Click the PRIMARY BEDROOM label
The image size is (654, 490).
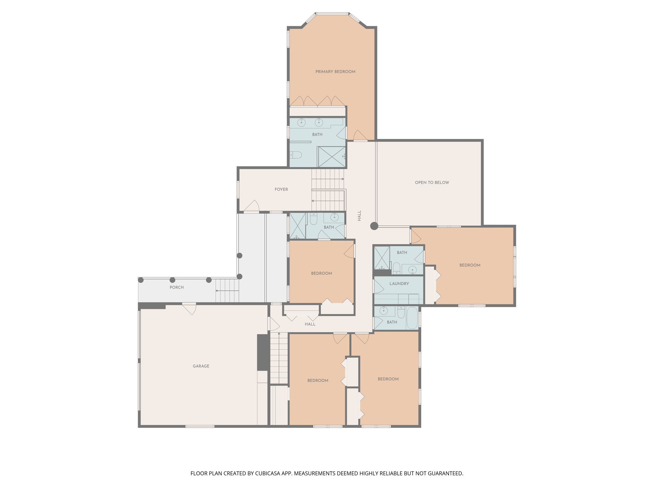[x=335, y=72]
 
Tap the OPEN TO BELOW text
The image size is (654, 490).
[x=432, y=182]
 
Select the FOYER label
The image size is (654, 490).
[x=281, y=189]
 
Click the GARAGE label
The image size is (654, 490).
[x=201, y=366]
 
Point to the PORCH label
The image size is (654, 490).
[x=177, y=287]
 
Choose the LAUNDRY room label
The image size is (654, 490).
[x=399, y=284]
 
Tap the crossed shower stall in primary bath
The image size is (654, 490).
[x=332, y=157]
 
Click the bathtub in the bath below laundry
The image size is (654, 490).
[x=412, y=318]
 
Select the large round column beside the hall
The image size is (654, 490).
[x=374, y=226]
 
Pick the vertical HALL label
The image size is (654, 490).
[x=359, y=216]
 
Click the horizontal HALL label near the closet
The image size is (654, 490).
[x=310, y=324]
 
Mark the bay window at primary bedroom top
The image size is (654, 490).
[x=332, y=14]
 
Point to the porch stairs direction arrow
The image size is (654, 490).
[x=227, y=291]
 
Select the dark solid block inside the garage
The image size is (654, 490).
[x=262, y=352]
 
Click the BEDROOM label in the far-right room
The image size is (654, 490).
[x=470, y=265]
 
